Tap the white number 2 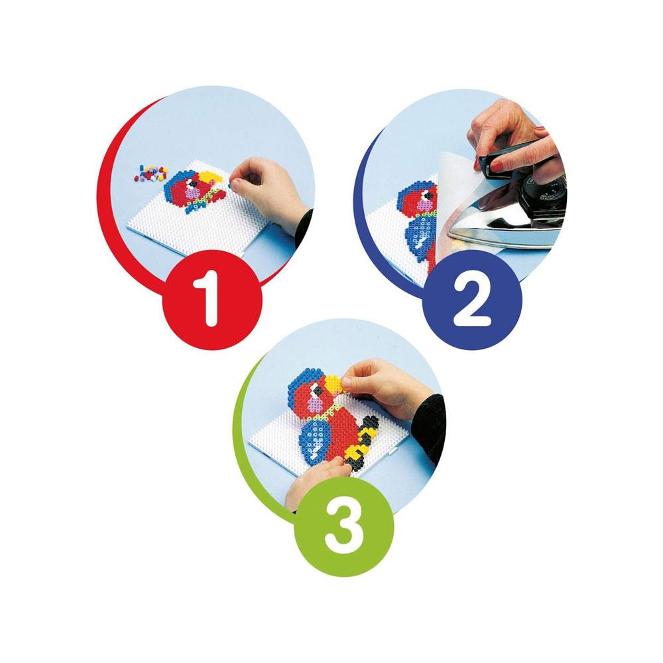(x=471, y=301)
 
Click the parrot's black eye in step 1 (x=193, y=184)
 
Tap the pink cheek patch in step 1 (x=193, y=193)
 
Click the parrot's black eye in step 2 (x=428, y=195)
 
